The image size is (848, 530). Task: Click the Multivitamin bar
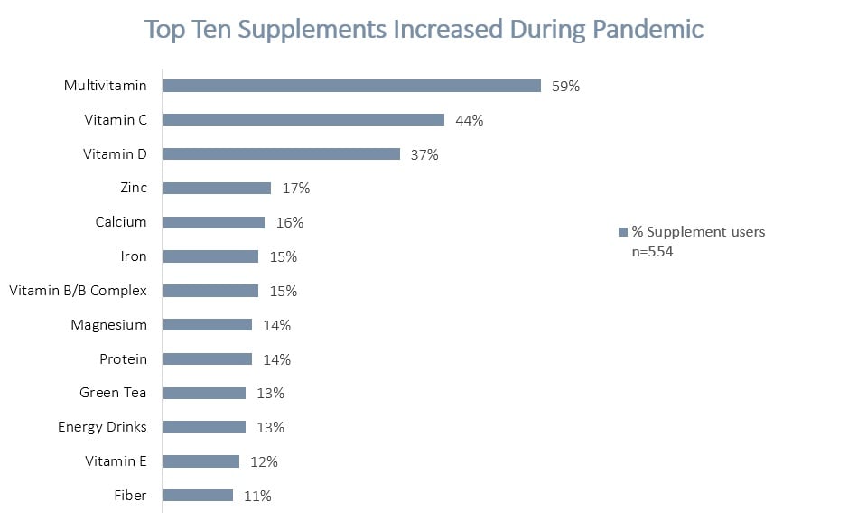[x=352, y=86]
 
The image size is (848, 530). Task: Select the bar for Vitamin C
[x=303, y=120]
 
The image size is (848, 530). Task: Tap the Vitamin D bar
[x=281, y=154]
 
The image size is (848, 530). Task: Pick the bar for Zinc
[x=217, y=188]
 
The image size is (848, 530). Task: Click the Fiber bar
[x=198, y=495]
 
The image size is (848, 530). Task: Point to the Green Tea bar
[x=204, y=393]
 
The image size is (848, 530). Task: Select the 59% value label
[x=565, y=87]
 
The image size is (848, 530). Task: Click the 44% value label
[x=469, y=120]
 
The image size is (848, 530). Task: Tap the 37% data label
[x=424, y=154]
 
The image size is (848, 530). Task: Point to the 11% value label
[x=257, y=496]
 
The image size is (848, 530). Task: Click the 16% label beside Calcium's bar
[x=289, y=222]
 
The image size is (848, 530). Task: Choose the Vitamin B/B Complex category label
[x=78, y=291]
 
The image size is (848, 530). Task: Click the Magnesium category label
[x=108, y=325]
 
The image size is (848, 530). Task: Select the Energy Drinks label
[x=102, y=427]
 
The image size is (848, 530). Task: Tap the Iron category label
[x=134, y=256]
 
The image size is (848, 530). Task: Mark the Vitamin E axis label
[x=116, y=461]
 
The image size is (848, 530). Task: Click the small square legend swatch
[x=621, y=233]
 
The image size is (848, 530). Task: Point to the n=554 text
[x=652, y=252]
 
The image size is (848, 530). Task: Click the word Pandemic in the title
[x=648, y=29]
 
